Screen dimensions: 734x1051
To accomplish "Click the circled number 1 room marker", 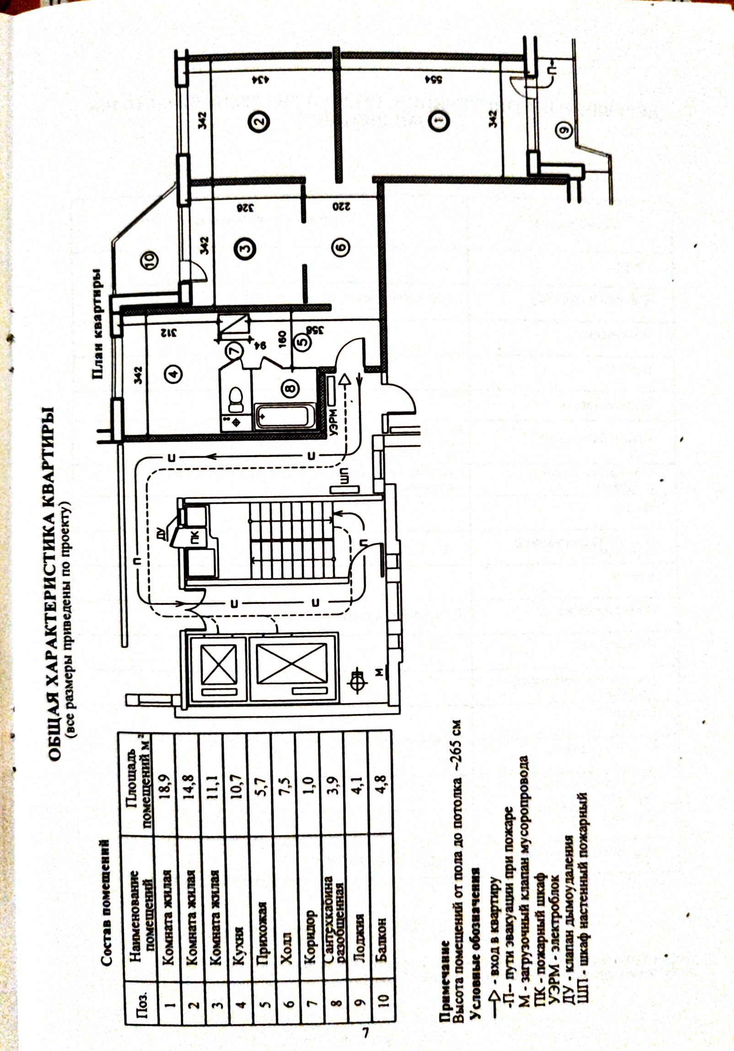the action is coord(439,121).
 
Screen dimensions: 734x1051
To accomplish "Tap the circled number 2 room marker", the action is coord(258,121).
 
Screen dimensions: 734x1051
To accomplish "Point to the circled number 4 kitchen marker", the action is coord(173,374).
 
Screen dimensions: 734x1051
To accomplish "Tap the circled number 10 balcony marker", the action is coord(151,259).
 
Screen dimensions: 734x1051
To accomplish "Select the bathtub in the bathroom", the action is coord(284,416).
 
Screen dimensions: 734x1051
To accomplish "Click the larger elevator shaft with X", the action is coord(292,663).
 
